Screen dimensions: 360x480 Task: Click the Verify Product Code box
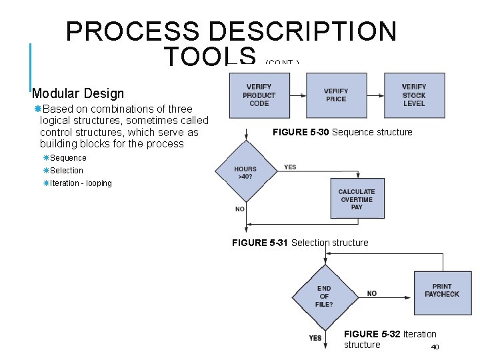click(x=259, y=95)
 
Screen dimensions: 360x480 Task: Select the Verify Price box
click(x=336, y=95)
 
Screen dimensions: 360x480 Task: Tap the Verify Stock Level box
click(x=414, y=95)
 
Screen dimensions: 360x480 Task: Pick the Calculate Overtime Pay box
click(x=357, y=199)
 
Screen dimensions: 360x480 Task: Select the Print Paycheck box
click(x=442, y=291)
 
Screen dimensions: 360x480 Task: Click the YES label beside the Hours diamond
click(x=290, y=167)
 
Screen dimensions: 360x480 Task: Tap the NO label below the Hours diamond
click(x=240, y=209)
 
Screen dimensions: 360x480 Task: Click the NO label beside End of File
click(x=371, y=293)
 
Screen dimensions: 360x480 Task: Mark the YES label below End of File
click(x=315, y=338)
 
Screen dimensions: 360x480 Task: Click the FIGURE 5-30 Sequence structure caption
click(x=343, y=132)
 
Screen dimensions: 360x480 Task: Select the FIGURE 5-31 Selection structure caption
click(x=300, y=243)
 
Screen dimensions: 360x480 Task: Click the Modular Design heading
click(x=78, y=94)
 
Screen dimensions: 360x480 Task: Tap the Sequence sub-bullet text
click(x=68, y=158)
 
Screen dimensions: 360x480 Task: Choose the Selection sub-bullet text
click(x=67, y=171)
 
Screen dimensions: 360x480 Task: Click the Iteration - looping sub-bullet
click(x=81, y=183)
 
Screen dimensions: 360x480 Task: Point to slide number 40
click(x=435, y=347)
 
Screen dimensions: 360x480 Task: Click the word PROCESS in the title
click(x=133, y=31)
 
